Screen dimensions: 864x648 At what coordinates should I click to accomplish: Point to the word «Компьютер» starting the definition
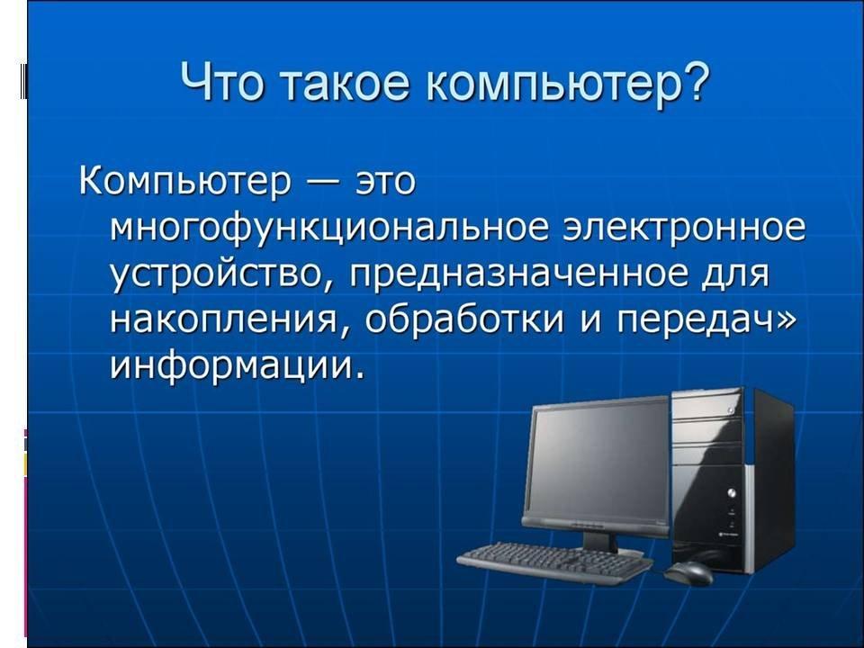[185, 181]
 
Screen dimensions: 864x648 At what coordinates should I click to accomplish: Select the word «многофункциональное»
[330, 229]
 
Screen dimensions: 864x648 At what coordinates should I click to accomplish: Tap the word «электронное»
[684, 229]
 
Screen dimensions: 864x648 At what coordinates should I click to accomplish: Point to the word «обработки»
[464, 319]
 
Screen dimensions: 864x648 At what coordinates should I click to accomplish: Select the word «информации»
[237, 364]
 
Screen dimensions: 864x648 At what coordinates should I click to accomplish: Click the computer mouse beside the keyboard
[688, 573]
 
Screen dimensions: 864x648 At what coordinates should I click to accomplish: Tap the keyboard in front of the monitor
[553, 562]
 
